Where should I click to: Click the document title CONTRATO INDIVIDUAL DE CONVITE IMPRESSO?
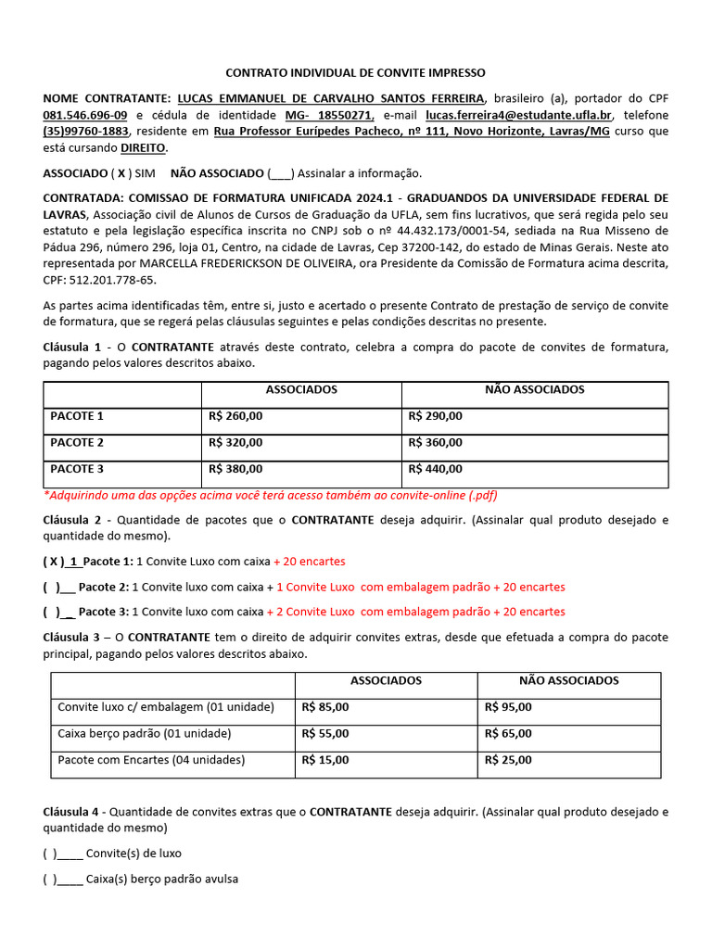pos(356,72)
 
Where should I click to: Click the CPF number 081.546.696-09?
pos(85,115)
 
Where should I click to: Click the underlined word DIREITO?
pos(145,147)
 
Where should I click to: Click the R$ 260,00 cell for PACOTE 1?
pos(236,416)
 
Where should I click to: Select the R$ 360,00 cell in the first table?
pos(435,442)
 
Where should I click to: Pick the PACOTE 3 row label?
pos(77,468)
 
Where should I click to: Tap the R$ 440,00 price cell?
pos(435,468)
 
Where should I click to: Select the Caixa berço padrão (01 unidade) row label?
pos(145,733)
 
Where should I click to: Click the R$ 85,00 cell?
pos(325,707)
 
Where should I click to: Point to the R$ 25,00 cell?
pos(508,760)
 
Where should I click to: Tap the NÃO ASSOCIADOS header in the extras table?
pos(568,680)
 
